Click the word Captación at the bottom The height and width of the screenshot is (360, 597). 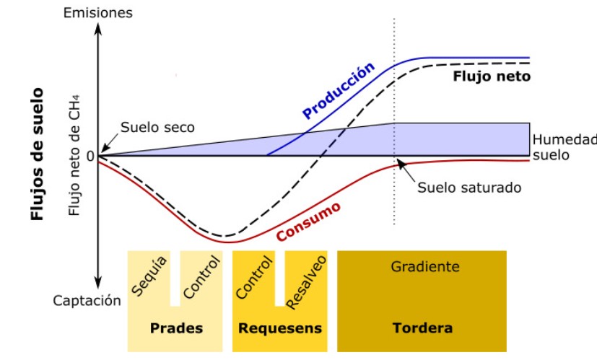click(87, 301)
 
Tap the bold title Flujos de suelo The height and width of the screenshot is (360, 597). click(37, 154)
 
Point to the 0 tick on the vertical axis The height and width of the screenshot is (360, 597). click(90, 156)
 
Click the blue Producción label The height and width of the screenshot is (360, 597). click(339, 90)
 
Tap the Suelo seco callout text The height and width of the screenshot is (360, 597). click(157, 128)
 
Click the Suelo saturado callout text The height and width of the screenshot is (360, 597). click(469, 188)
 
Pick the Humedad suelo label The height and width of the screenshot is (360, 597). click(562, 146)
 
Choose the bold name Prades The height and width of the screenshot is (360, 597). click(176, 328)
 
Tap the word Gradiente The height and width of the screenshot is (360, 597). click(425, 267)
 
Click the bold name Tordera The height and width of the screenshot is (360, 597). click(422, 328)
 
